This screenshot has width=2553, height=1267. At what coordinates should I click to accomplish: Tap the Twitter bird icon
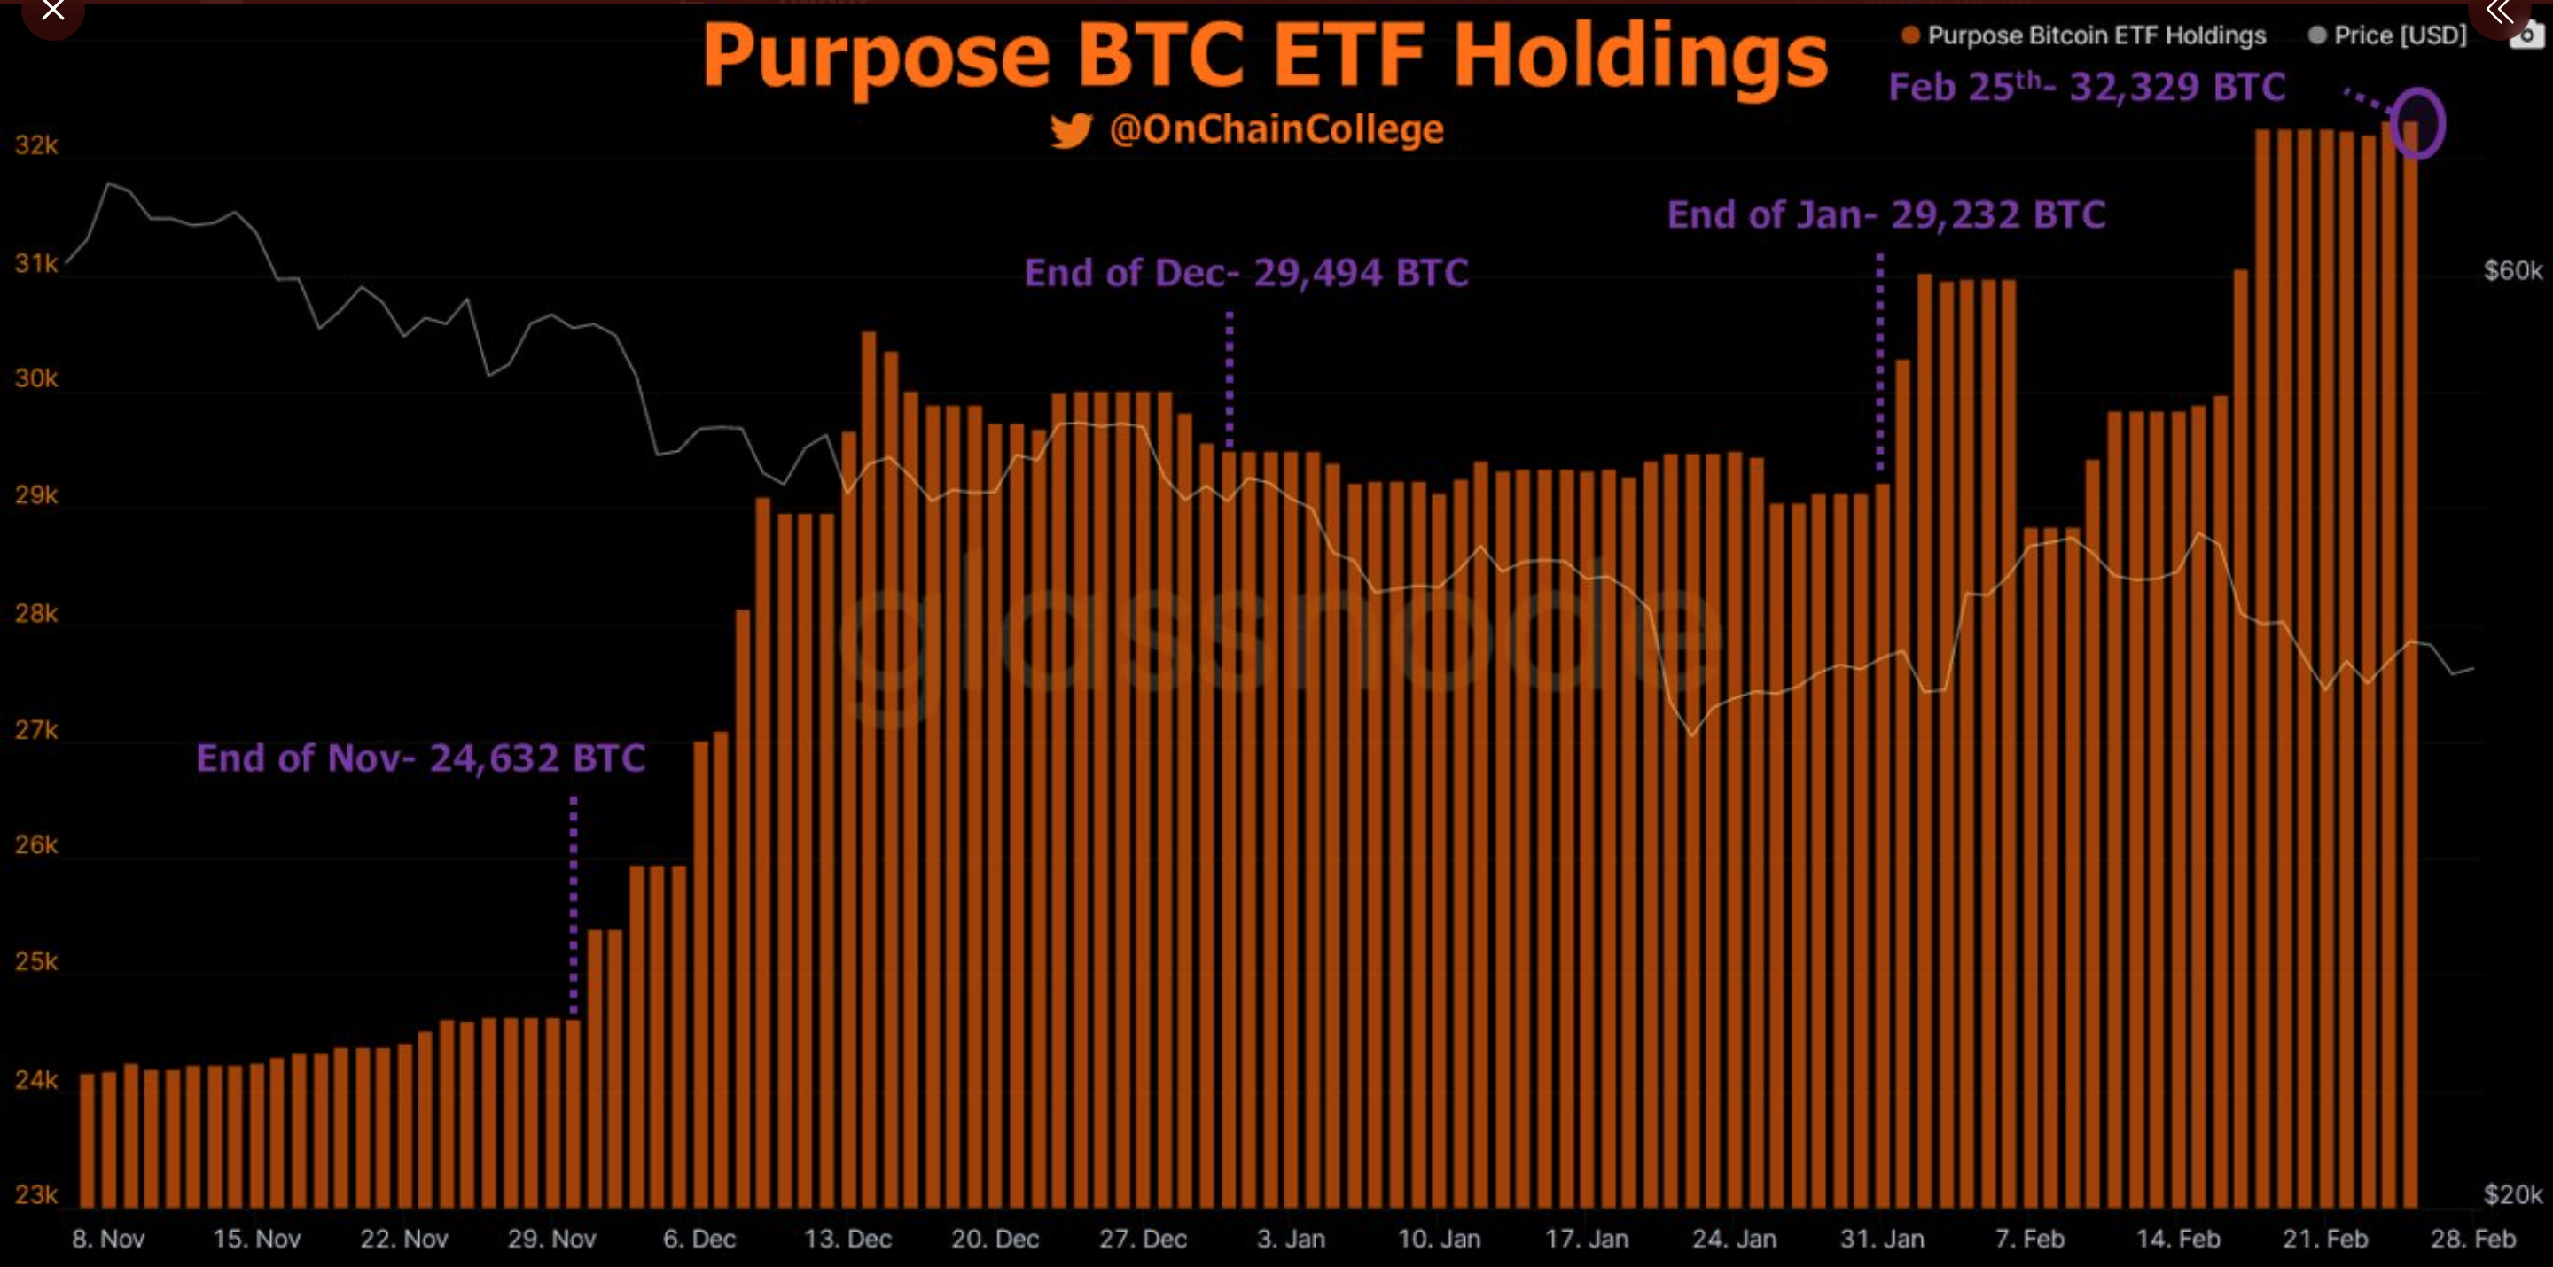coord(1072,129)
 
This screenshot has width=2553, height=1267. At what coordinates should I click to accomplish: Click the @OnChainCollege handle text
coord(1276,128)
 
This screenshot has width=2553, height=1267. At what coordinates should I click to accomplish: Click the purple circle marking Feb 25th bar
coord(2416,124)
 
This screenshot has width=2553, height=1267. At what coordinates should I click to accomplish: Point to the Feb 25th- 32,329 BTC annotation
coord(2086,87)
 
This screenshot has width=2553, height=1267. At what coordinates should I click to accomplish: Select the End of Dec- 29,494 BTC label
coord(1245,272)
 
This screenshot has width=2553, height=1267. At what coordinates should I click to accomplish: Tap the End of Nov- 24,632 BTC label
coord(420,758)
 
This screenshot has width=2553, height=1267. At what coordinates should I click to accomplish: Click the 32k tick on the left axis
coord(35,145)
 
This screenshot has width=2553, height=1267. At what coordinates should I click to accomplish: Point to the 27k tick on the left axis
coord(35,730)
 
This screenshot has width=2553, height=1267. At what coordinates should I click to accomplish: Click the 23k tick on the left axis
coord(35,1194)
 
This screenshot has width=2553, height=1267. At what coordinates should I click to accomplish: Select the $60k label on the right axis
coord(2512,270)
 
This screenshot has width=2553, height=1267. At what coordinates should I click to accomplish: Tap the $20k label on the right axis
coord(2512,1194)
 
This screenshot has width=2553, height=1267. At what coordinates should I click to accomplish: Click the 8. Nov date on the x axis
coord(108,1239)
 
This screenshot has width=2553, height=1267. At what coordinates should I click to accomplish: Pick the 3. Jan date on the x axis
coord(1291,1239)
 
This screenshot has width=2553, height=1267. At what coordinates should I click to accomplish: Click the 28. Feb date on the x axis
coord(2472,1239)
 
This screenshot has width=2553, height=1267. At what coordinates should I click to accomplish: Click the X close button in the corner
coord(51,12)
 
